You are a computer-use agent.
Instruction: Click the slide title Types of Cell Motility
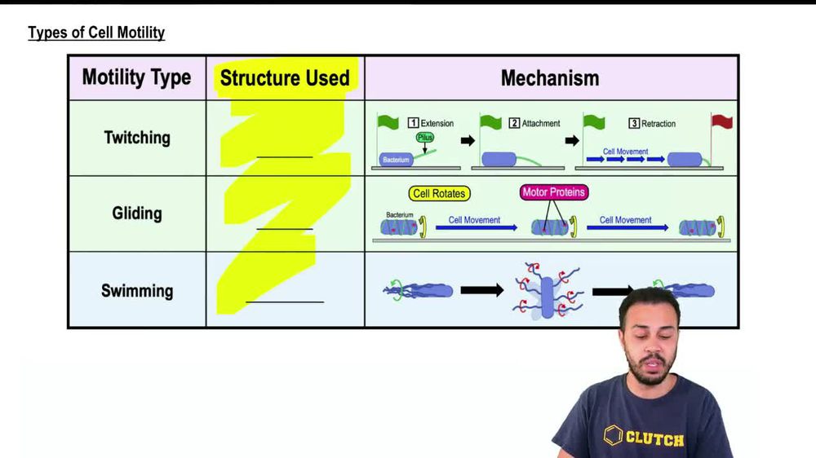[x=96, y=33]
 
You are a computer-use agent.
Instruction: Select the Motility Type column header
[x=136, y=78]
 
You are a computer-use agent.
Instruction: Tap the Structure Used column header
[x=285, y=78]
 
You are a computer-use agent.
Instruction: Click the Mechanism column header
[x=550, y=78]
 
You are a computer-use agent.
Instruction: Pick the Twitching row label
[x=137, y=138]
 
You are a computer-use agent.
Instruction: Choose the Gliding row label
[x=137, y=214]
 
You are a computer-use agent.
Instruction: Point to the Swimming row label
[x=137, y=291]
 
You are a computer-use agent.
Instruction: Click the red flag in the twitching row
[x=722, y=122]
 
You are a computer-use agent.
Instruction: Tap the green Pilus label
[x=425, y=138]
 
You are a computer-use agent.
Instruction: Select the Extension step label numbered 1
[x=431, y=124]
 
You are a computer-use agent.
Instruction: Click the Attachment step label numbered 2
[x=534, y=124]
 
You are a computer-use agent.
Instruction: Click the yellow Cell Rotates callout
[x=439, y=194]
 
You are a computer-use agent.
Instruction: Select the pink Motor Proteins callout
[x=554, y=193]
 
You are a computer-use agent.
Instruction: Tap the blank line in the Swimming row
[x=285, y=301]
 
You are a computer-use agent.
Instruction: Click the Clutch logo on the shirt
[x=644, y=438]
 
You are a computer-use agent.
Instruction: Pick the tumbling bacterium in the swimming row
[x=547, y=292]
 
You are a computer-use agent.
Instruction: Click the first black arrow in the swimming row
[x=481, y=290]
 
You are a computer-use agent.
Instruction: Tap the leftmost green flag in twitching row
[x=388, y=122]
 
